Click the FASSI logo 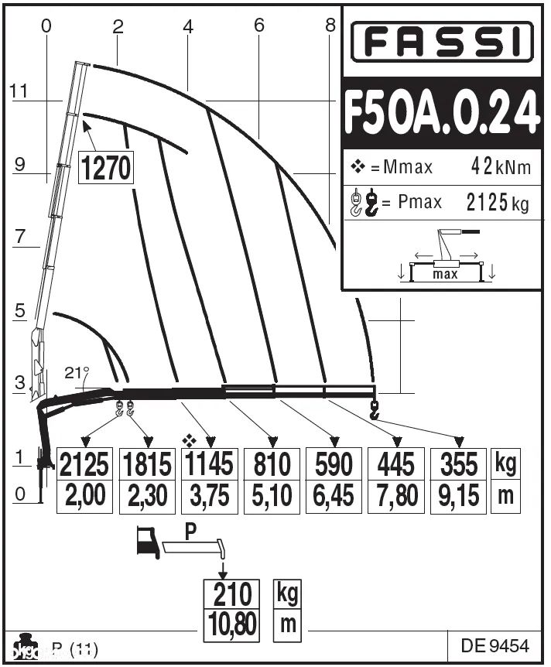[443, 42]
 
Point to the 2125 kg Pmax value [498, 203]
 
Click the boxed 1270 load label [106, 168]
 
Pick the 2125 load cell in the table [85, 464]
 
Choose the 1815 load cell [147, 464]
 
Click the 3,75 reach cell [208, 495]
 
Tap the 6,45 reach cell [333, 495]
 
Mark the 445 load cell [395, 464]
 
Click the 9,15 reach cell [458, 495]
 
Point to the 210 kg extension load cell [233, 594]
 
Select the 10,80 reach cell [233, 624]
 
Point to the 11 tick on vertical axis [19, 91]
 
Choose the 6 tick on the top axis [258, 26]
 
